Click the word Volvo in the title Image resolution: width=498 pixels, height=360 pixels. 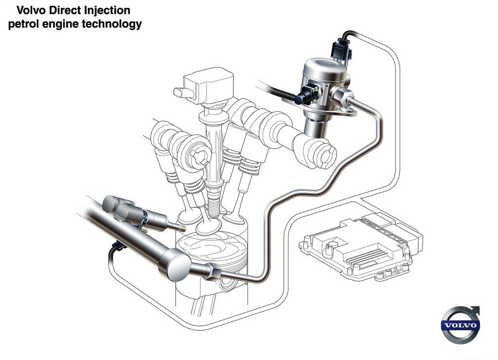click(32, 10)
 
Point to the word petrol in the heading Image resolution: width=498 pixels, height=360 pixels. click(23, 24)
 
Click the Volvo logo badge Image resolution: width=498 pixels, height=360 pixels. click(460, 325)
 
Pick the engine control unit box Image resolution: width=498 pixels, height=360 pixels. click(361, 245)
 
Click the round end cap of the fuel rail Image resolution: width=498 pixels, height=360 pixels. click(175, 266)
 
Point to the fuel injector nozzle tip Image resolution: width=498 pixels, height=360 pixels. click(181, 228)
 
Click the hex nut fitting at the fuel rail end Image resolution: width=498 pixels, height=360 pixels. click(213, 271)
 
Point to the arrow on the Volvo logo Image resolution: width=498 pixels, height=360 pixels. click(475, 309)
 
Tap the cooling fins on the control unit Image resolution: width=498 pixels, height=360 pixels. click(369, 256)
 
